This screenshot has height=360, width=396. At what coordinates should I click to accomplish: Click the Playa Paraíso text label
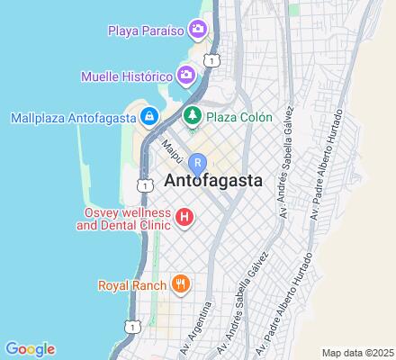coord(146,31)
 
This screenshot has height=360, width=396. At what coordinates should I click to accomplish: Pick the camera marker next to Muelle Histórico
coord(186,74)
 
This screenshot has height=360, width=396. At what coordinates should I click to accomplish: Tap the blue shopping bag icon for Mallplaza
coord(149,117)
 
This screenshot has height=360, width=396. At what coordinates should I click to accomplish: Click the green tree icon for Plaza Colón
coord(192,117)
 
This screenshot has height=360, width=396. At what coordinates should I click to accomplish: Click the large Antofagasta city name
coord(214,180)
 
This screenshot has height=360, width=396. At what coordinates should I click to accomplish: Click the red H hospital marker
coord(184,217)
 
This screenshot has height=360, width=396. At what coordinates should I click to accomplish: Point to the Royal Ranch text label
coord(132,285)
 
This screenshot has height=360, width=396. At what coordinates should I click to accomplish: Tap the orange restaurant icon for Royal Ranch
coord(181,285)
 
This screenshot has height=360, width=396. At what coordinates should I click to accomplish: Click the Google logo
coord(30,349)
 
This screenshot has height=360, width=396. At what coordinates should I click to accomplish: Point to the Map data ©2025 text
coord(358,352)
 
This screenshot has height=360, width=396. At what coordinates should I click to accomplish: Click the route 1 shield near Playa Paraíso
coord(211,59)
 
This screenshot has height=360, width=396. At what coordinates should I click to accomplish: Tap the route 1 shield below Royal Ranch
coord(134,326)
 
